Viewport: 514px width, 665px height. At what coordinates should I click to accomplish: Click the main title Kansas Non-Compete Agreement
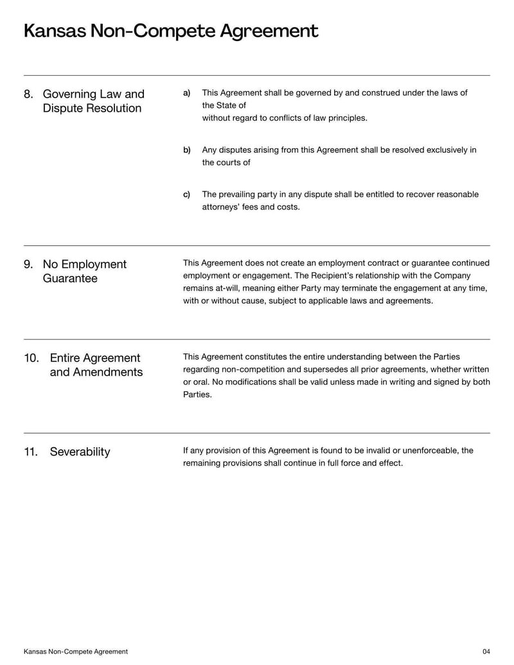click(171, 31)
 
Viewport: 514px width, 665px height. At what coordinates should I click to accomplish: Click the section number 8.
click(28, 94)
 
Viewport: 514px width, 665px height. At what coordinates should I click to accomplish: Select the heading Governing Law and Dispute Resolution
click(93, 102)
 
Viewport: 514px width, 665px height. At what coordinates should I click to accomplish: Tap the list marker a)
click(187, 93)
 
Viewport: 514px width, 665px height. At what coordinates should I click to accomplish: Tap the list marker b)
click(187, 150)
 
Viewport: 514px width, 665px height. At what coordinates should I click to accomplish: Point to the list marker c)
click(187, 195)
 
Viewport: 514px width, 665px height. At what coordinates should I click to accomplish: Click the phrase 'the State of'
click(224, 105)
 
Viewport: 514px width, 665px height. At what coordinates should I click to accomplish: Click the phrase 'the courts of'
click(226, 163)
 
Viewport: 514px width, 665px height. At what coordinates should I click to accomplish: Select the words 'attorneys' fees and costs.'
click(251, 207)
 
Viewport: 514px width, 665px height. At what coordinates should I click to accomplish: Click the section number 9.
click(28, 265)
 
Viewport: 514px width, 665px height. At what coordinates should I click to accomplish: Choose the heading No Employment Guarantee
click(84, 271)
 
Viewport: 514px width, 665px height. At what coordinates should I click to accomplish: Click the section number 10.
click(31, 359)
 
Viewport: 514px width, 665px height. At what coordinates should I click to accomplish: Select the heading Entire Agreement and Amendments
click(96, 365)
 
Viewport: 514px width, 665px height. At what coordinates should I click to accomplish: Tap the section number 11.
click(31, 452)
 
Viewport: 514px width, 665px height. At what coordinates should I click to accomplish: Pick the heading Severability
click(80, 452)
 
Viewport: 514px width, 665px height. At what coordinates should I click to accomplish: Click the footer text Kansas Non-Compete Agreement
click(75, 652)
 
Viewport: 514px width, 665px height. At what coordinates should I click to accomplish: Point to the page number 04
click(486, 652)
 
